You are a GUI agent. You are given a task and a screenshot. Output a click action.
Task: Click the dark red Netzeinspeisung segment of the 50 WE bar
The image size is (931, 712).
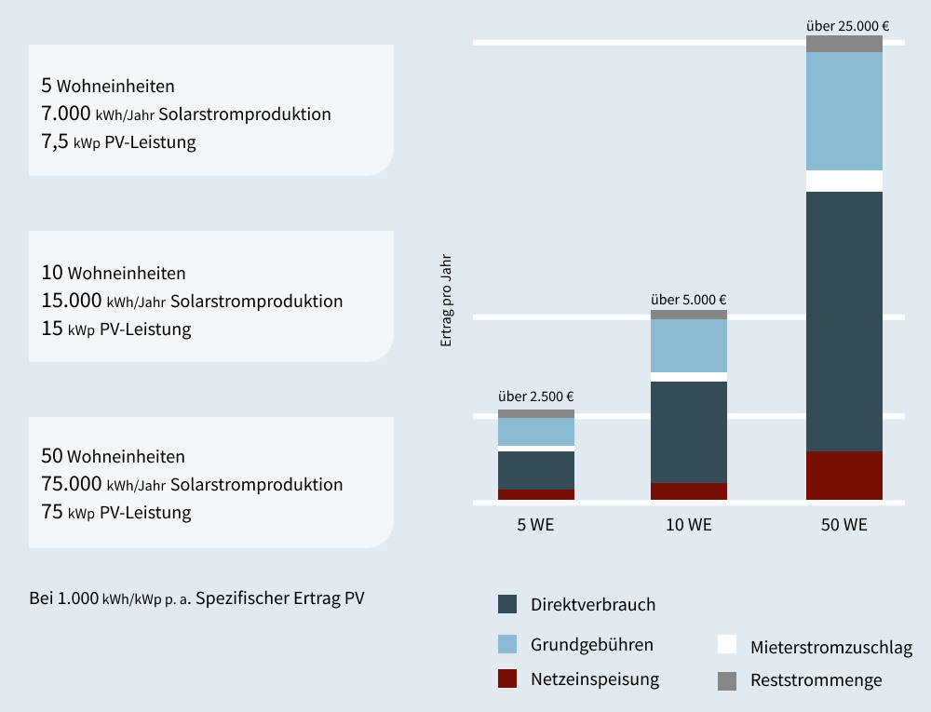point(844,476)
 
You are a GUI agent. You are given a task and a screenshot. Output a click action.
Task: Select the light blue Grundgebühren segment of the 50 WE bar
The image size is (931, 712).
point(844,111)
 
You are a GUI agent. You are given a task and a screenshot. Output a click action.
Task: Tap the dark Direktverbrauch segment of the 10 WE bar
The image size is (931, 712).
point(689,432)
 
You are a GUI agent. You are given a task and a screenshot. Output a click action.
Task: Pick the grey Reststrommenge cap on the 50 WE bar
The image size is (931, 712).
point(844,44)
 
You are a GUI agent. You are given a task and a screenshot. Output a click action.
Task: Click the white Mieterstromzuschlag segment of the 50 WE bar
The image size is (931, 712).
point(844,181)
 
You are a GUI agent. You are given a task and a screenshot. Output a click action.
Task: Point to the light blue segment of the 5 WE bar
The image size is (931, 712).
point(536,432)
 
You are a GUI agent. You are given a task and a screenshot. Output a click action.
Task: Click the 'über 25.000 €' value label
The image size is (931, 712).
point(847,25)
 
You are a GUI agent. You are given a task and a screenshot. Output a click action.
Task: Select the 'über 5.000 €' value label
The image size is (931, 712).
point(689,300)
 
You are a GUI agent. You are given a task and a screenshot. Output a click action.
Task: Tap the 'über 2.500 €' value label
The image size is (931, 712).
point(536,396)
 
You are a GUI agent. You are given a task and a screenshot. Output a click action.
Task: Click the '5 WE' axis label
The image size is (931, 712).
point(536,525)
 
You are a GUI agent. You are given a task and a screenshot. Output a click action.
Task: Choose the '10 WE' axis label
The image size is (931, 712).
point(689,525)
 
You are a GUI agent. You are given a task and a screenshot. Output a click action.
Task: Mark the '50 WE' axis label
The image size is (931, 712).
point(844,525)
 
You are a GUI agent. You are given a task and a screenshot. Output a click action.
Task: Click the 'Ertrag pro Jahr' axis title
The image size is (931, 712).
point(446,300)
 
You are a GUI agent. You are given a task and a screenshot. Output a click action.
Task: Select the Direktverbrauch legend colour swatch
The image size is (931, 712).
point(507,604)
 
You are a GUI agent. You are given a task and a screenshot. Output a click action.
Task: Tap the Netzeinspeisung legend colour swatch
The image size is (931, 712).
point(507,678)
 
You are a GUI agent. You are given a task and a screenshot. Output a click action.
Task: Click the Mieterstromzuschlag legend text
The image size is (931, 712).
point(831,647)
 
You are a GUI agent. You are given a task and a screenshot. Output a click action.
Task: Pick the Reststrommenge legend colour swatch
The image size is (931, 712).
point(727,680)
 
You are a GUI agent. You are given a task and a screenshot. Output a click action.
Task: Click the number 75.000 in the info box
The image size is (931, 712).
point(72,484)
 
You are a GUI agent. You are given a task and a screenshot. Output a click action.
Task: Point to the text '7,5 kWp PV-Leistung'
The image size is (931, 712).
point(118,142)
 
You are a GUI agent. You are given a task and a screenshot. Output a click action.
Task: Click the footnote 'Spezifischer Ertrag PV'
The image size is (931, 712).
point(280,598)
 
